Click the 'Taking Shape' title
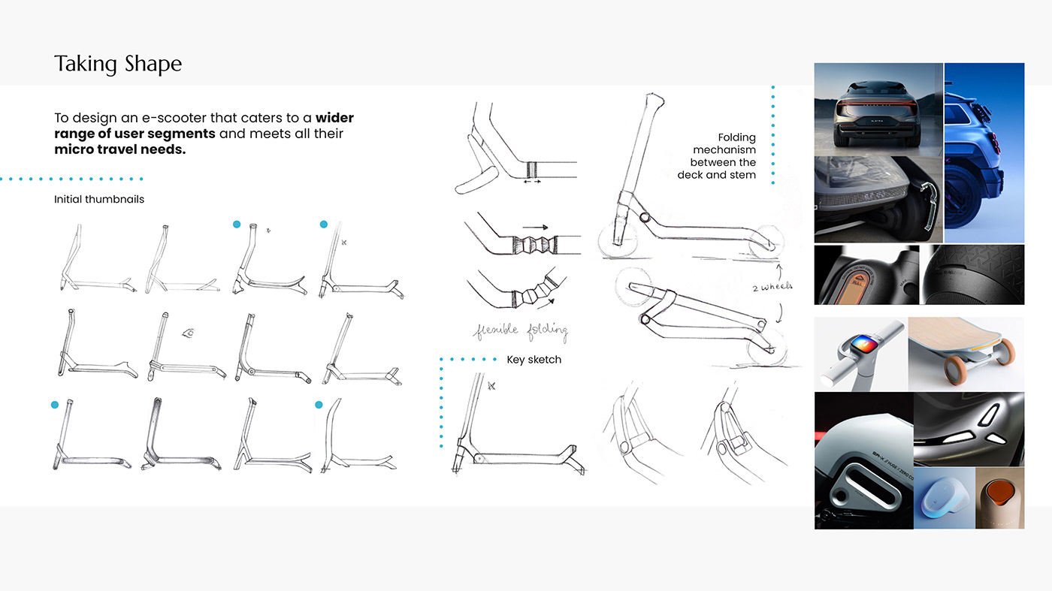click(118, 65)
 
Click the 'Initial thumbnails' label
click(99, 200)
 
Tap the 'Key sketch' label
click(534, 360)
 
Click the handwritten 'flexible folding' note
click(519, 330)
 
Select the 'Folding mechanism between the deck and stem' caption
click(718, 156)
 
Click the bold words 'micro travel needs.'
click(119, 149)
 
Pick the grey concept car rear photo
click(878, 109)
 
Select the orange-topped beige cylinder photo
click(999, 497)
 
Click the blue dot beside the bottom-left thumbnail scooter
click(55, 405)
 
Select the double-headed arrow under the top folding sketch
click(532, 181)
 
